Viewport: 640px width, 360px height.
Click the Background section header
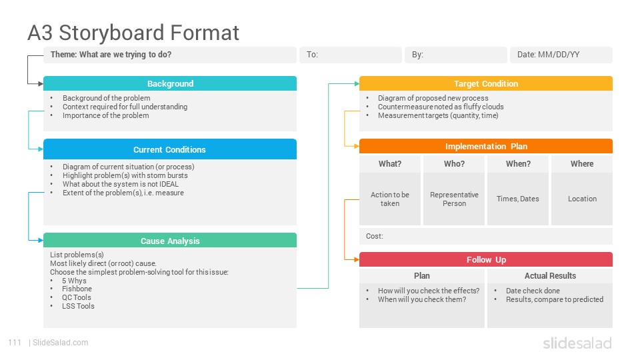[170, 83]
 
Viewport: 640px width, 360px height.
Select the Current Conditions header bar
[170, 149]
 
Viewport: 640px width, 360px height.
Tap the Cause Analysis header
[170, 241]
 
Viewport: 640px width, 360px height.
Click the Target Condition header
[486, 83]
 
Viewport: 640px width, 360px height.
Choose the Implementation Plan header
[486, 146]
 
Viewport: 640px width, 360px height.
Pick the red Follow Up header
[486, 259]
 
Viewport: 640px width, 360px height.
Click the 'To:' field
[351, 55]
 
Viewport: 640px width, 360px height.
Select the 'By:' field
[456, 55]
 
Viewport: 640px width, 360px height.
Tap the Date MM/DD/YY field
[561, 55]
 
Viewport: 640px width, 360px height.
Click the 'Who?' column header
[454, 164]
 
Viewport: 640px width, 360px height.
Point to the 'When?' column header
[518, 164]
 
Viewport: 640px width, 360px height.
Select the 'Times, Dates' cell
[518, 199]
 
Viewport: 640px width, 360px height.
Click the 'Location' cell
[582, 199]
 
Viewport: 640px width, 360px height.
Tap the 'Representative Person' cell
[454, 199]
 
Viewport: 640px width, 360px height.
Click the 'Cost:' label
[374, 236]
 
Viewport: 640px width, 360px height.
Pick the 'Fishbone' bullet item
[77, 289]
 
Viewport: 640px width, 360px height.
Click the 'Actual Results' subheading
[550, 275]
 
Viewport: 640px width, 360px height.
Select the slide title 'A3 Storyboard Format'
[133, 33]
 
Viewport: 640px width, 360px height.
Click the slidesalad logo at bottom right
[577, 343]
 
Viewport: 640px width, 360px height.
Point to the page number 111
[15, 343]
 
